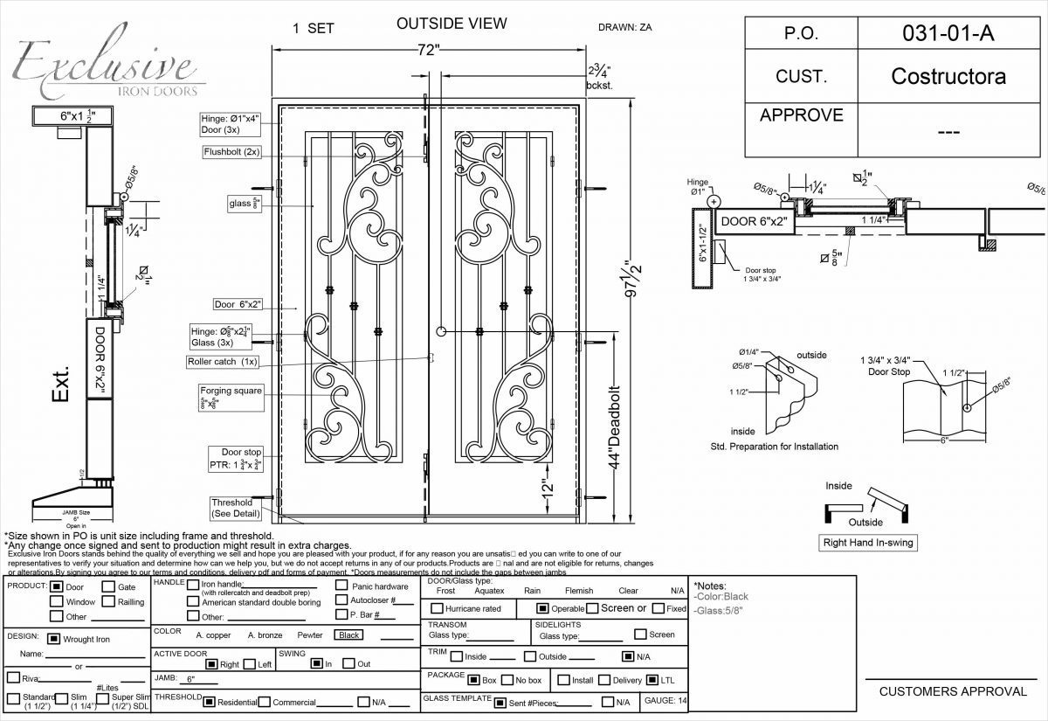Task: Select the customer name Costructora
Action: [948, 76]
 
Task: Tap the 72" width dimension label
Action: [427, 51]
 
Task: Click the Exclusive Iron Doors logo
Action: [105, 68]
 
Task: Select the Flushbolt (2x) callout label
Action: [231, 151]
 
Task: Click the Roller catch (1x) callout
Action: [223, 361]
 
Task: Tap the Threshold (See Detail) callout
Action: [231, 508]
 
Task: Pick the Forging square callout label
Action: [231, 391]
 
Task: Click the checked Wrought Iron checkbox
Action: [53, 639]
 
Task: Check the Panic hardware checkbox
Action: [341, 586]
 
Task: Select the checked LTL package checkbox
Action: [652, 680]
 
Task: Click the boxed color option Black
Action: [349, 635]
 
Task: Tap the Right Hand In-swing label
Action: [867, 543]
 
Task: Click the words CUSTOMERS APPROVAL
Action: [953, 691]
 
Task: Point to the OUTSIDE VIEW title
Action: [451, 24]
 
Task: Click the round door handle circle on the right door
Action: [442, 332]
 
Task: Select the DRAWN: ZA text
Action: [624, 27]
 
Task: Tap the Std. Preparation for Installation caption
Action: [774, 447]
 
